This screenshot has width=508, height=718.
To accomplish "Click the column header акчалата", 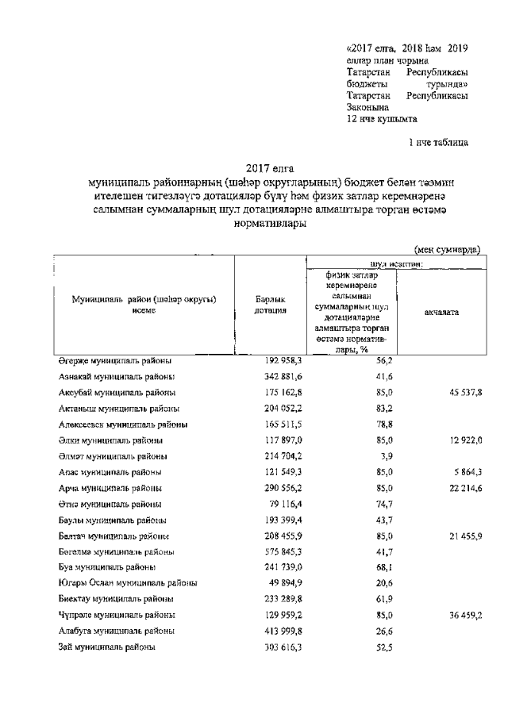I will click(441, 312).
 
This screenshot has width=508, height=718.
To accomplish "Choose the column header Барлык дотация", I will click(270, 305).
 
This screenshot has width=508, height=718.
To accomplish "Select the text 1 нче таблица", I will click(437, 144).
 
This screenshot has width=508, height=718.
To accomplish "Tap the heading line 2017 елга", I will click(269, 167).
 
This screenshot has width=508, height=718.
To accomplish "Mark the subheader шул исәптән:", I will click(394, 263).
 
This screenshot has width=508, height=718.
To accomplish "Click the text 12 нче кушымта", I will click(382, 119).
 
